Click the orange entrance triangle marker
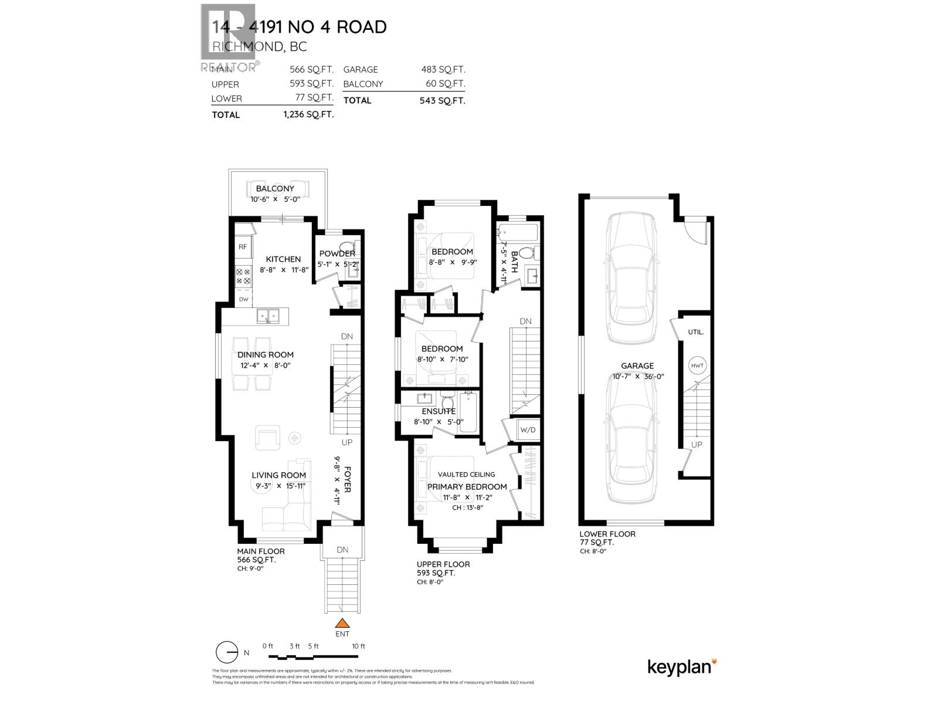342,624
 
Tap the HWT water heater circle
697,365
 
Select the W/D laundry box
528,430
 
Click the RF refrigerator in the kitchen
243,247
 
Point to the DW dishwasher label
243,299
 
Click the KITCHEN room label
283,259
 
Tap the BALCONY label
275,188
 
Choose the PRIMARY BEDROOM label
467,486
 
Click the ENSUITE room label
439,411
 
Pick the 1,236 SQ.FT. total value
308,114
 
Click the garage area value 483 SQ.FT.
443,69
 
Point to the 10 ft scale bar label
358,646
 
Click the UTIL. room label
696,332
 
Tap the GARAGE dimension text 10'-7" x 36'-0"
637,377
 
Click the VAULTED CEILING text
466,474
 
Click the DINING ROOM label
266,354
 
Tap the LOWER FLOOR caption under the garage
607,534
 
